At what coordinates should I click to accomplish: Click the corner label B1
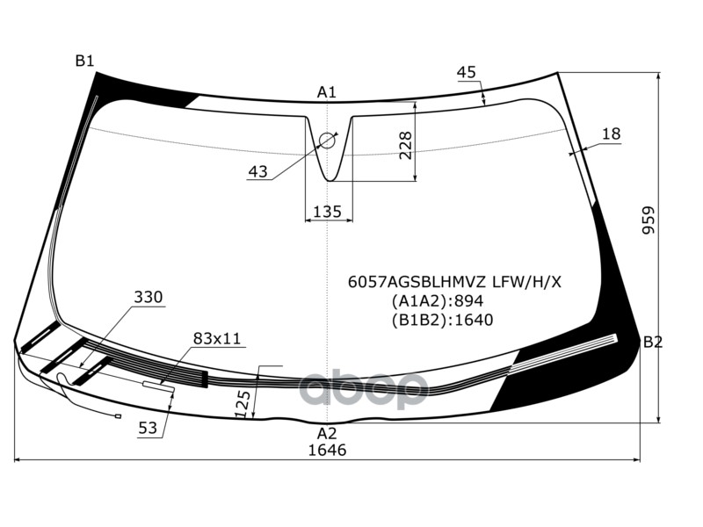point(84,61)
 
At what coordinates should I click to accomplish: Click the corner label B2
point(652,342)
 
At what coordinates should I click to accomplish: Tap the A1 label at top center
point(327,92)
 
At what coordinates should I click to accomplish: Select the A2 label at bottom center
point(327,433)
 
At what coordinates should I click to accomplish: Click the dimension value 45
point(467,72)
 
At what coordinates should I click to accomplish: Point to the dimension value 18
point(612,134)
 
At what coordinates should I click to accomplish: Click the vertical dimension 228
point(405,145)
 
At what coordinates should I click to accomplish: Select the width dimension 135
point(327,212)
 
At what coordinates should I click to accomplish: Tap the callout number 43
point(257,172)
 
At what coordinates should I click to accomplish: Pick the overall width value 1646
point(327,451)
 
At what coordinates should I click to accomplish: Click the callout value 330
point(149,298)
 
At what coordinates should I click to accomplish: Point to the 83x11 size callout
point(217,338)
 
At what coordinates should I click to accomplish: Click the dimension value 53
point(149,428)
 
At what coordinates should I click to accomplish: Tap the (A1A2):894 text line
point(438,300)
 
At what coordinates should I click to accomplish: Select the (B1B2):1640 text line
point(442,319)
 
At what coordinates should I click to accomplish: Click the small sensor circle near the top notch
point(328,140)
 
